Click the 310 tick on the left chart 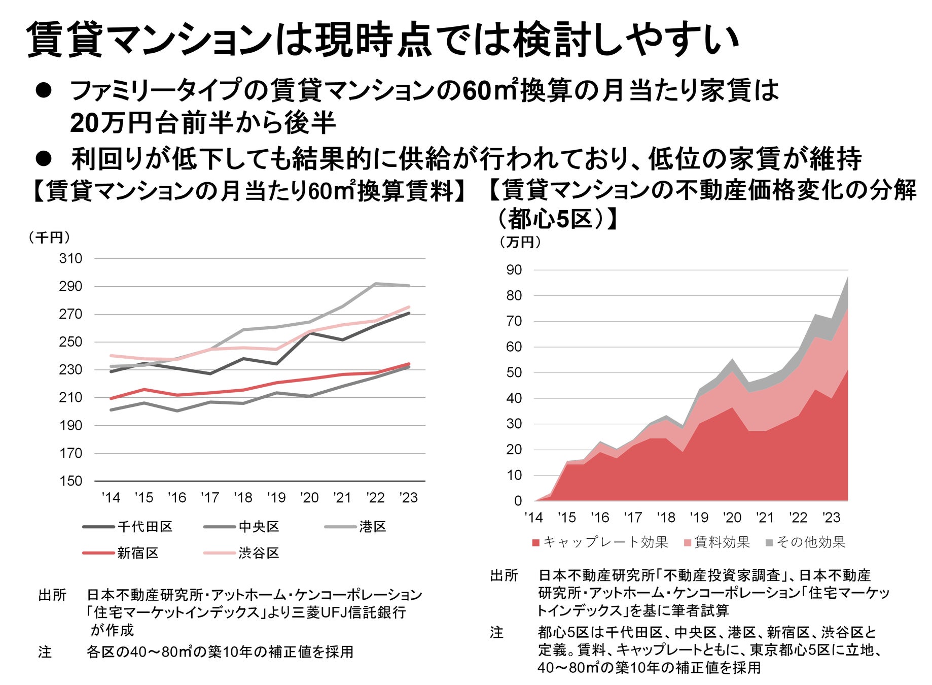(70, 259)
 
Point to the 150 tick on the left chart (70, 481)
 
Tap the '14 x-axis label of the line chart (111, 498)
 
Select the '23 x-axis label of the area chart (831, 518)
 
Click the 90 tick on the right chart (514, 270)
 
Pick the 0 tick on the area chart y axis (518, 501)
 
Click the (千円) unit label (49, 237)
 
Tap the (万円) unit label (520, 243)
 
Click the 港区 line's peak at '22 (376, 284)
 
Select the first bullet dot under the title (44, 91)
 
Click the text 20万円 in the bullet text (107, 123)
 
